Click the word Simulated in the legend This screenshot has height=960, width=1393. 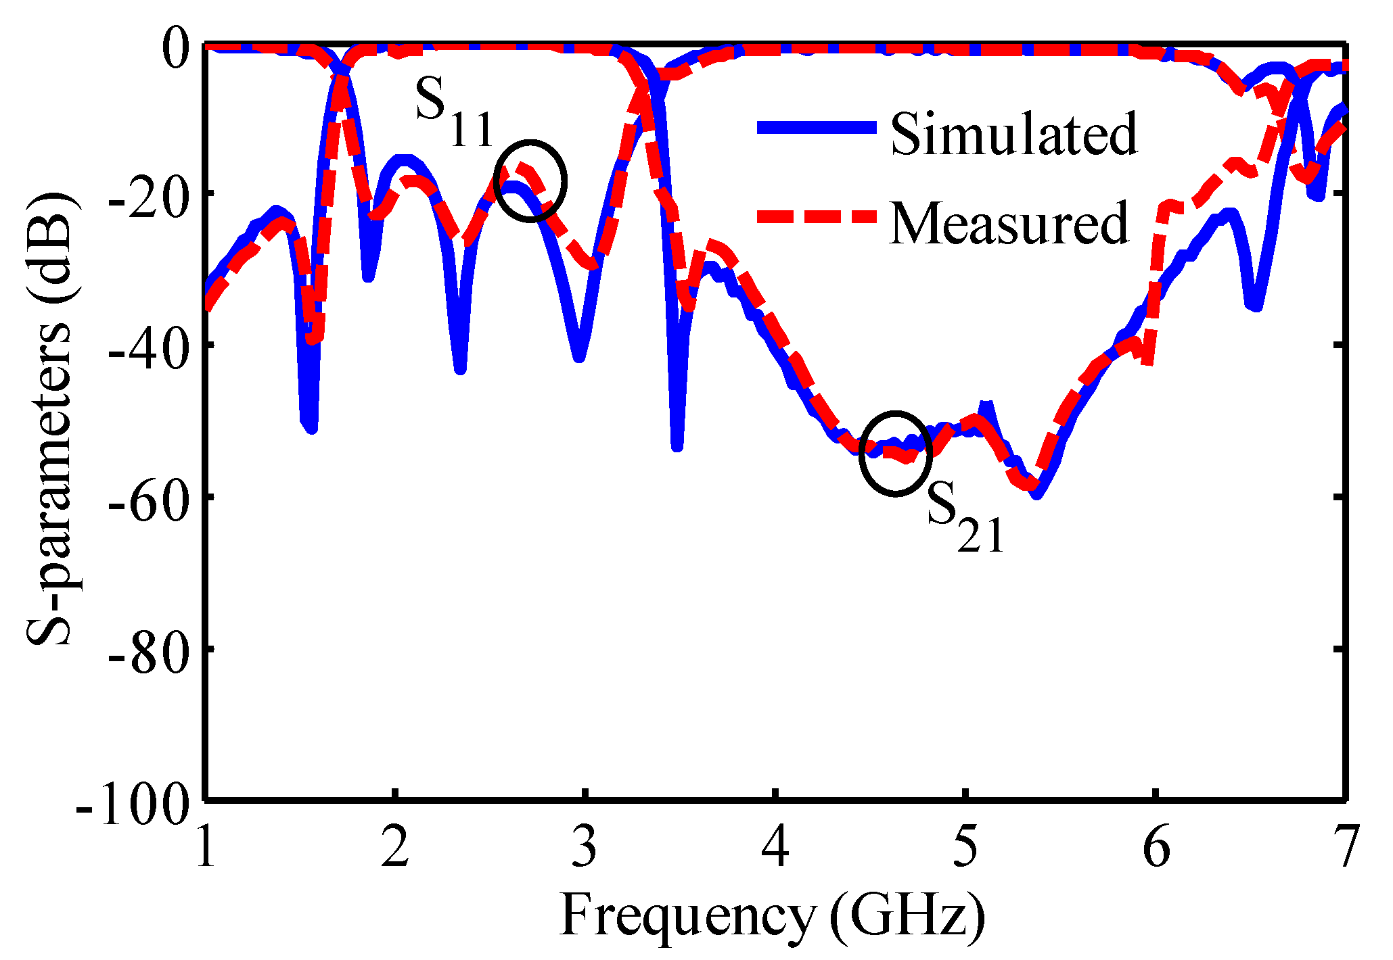[x=1013, y=134]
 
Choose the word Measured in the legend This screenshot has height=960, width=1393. [x=1008, y=223]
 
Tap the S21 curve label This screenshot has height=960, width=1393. [x=964, y=517]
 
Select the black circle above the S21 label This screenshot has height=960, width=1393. [x=895, y=453]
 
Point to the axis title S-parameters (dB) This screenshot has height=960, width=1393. [x=49, y=419]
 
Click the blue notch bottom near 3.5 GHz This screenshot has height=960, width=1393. [x=677, y=445]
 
